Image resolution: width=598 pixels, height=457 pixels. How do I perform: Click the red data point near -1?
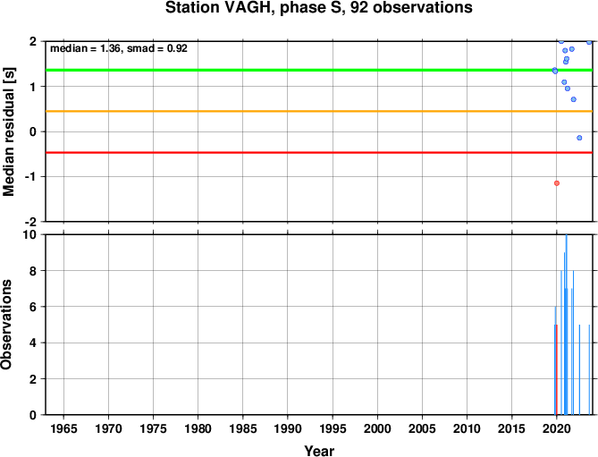pos(556,183)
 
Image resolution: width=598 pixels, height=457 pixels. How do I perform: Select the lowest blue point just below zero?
pos(579,138)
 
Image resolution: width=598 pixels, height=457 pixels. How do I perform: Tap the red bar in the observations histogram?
pos(557,369)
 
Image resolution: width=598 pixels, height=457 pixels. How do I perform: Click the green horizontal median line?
pos(319,70)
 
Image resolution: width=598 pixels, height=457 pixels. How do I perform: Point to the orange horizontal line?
pos(319,112)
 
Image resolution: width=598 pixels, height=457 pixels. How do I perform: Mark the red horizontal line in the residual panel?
pos(319,153)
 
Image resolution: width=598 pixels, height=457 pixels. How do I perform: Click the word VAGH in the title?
pos(247,8)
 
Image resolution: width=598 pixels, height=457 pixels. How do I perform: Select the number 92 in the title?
pos(359,8)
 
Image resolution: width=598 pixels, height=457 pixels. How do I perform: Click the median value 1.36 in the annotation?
pos(110,48)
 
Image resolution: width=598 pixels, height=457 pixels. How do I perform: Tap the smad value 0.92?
pos(177,48)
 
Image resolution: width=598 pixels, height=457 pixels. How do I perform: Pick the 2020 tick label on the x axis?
pos(556,428)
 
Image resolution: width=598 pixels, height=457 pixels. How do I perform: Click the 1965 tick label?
pos(63,428)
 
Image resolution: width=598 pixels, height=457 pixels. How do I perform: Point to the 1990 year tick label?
pos(288,428)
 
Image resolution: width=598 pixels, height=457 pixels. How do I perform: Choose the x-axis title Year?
pos(319,451)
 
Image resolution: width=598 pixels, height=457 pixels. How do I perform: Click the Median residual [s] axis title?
pos(8,132)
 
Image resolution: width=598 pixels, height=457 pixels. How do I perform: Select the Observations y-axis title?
pos(6,325)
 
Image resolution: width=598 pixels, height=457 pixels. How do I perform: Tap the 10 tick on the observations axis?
pos(31,234)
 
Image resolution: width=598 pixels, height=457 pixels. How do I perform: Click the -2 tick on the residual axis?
pos(31,222)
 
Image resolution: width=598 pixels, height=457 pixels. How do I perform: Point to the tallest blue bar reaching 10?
pos(567,325)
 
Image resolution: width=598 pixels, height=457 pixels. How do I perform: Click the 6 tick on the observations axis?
pos(34,307)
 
